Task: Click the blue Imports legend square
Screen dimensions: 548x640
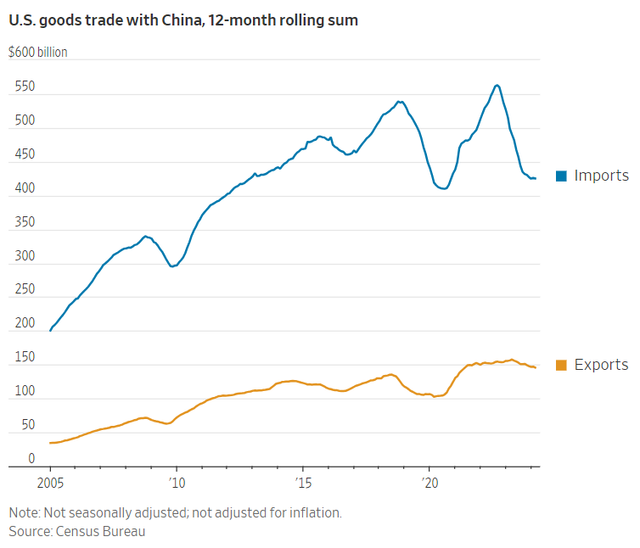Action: click(561, 176)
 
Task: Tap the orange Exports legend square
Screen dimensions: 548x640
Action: click(561, 365)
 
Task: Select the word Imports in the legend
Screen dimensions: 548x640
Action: click(601, 176)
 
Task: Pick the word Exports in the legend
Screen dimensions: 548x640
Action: click(601, 365)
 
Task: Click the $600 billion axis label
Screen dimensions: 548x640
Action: click(37, 53)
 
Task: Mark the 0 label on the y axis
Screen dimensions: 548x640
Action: click(31, 459)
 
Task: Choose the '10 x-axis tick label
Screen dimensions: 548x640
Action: click(176, 481)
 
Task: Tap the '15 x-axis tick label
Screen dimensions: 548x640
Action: click(302, 481)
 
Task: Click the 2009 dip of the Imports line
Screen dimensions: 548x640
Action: click(172, 266)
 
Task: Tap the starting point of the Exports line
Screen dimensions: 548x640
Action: click(50, 443)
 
